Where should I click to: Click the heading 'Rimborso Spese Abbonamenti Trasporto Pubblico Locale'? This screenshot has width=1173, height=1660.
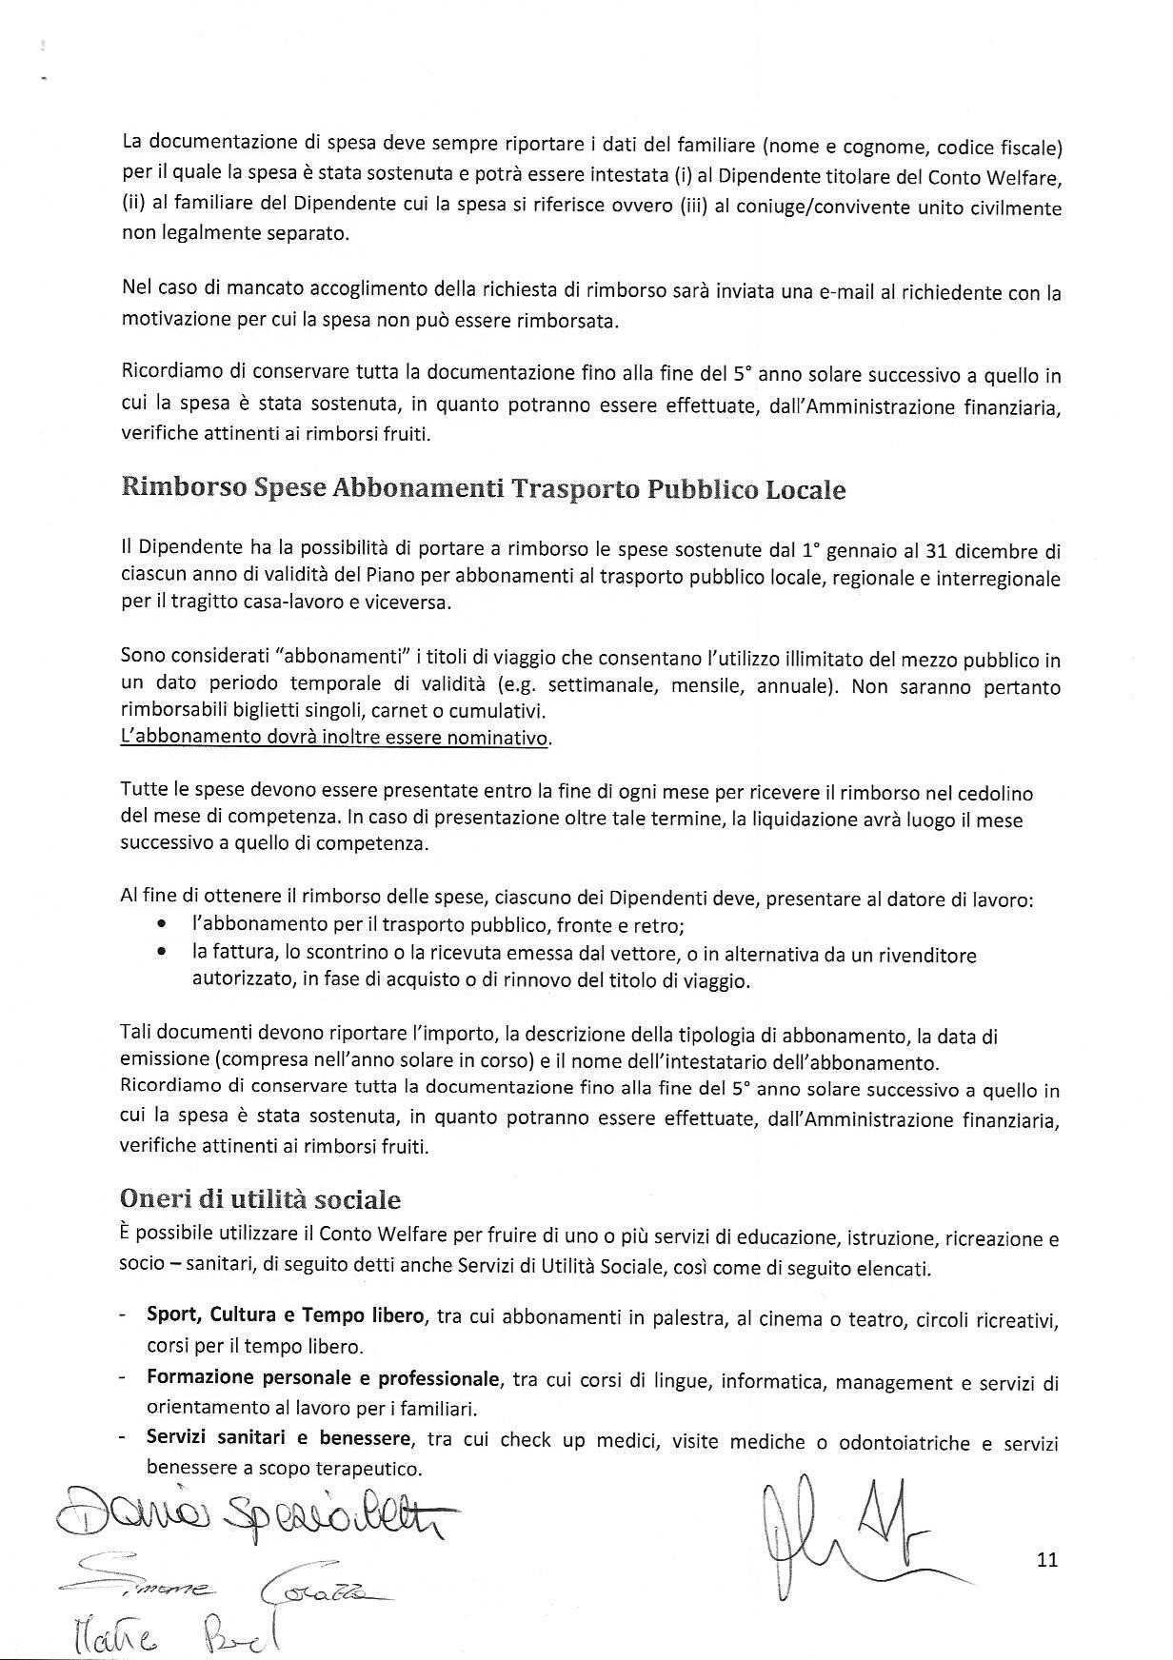pos(483,489)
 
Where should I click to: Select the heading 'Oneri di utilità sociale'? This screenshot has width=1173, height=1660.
pos(260,1199)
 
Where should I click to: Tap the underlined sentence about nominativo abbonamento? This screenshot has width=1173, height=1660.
pos(335,738)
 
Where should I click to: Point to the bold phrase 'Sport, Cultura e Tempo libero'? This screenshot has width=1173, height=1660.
pos(285,1315)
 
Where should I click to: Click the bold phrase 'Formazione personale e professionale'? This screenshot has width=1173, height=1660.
pos(323,1378)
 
